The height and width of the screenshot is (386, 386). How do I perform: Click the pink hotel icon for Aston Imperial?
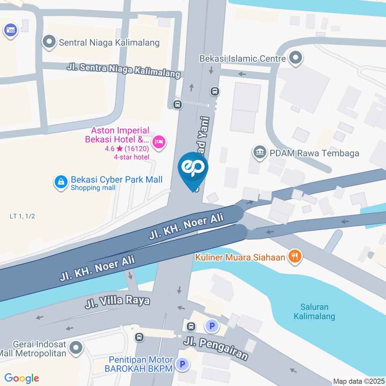159,142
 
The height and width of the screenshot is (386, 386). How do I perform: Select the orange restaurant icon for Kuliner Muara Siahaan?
295,256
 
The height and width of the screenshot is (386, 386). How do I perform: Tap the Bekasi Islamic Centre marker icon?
296,58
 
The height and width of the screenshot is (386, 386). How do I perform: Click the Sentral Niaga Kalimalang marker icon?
49,42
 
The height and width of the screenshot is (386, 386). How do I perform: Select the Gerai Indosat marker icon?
75,348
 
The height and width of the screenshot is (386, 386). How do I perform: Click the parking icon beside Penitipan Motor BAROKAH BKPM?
183,364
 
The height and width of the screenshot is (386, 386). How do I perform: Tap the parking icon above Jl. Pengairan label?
211,325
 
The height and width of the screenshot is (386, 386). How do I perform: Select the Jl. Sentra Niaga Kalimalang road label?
123,71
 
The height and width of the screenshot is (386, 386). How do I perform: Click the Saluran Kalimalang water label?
314,312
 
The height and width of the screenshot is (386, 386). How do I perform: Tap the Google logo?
22,378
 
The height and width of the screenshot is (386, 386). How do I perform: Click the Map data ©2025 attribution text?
358,381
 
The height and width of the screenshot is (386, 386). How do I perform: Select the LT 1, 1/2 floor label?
23,216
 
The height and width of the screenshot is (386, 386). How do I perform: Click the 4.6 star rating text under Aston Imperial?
125,149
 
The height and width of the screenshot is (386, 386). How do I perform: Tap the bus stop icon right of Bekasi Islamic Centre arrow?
215,92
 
